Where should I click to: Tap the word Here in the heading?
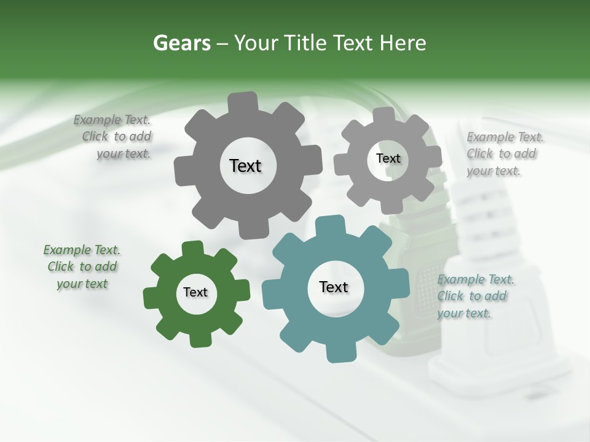click(403, 43)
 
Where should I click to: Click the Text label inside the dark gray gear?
click(245, 166)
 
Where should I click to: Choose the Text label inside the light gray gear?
click(388, 158)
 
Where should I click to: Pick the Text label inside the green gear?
click(195, 292)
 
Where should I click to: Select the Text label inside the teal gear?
click(334, 287)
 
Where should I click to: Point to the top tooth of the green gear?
click(192, 247)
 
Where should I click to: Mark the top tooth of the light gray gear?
click(383, 114)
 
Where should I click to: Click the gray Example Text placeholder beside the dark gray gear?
click(113, 137)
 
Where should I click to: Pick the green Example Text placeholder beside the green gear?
click(82, 267)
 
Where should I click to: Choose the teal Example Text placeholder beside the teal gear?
click(474, 297)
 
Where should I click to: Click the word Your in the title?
click(256, 43)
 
